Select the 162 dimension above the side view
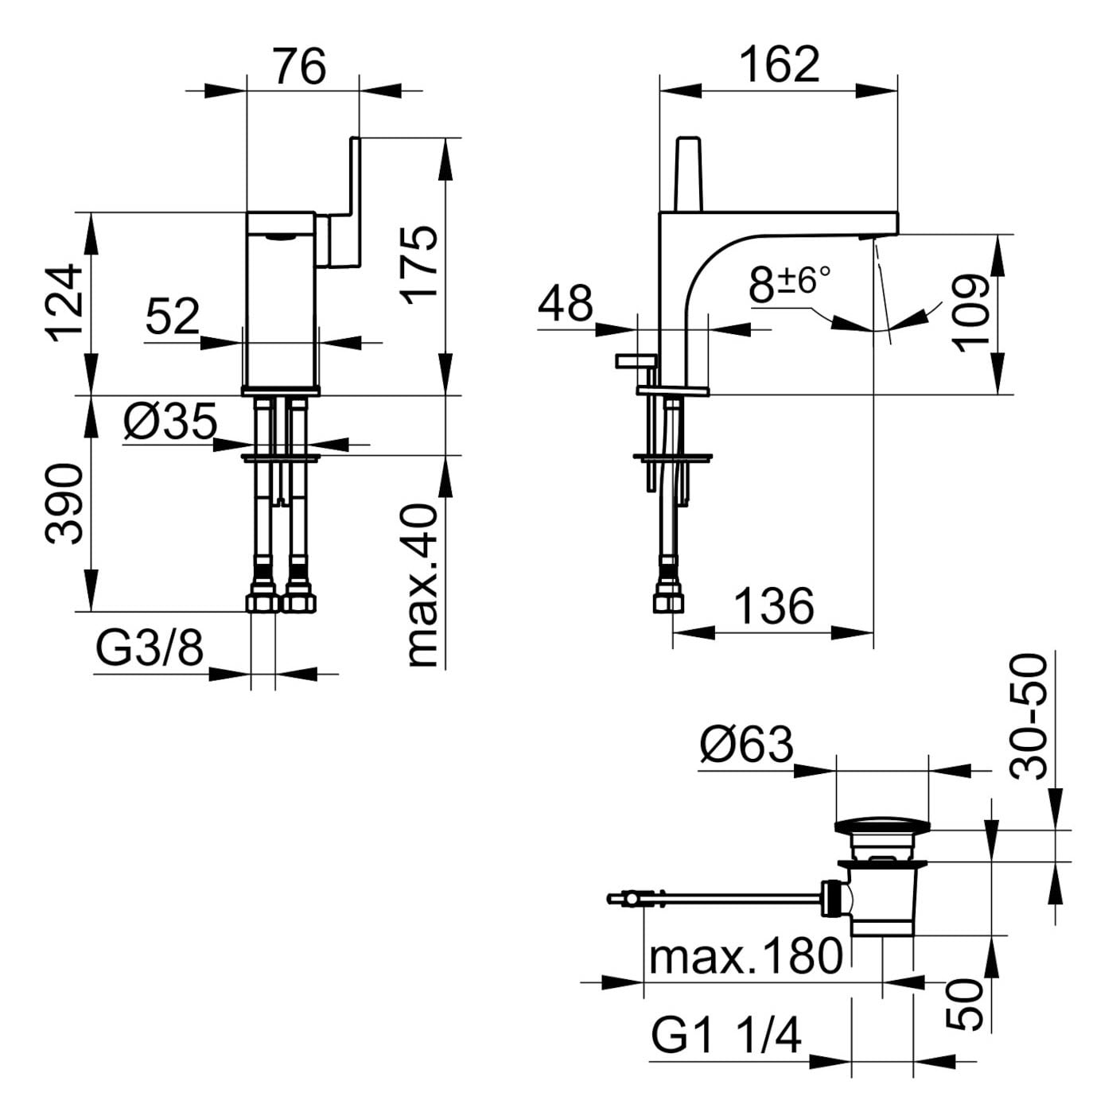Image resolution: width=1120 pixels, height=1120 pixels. (x=779, y=65)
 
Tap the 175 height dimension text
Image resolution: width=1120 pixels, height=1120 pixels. (x=420, y=266)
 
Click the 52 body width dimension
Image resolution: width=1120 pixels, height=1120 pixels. (x=173, y=316)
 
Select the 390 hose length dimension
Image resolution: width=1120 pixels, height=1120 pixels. (x=64, y=504)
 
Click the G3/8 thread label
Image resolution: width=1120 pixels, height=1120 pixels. (x=150, y=648)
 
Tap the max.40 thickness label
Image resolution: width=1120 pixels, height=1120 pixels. (x=421, y=586)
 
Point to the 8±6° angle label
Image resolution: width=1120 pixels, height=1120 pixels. (x=789, y=284)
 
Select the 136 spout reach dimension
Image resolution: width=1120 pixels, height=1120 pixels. (x=774, y=605)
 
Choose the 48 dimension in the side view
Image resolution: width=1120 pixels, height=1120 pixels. (x=565, y=303)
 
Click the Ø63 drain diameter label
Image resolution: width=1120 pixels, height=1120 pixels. (x=746, y=745)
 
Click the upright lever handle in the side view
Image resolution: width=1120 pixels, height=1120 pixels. (x=690, y=174)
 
